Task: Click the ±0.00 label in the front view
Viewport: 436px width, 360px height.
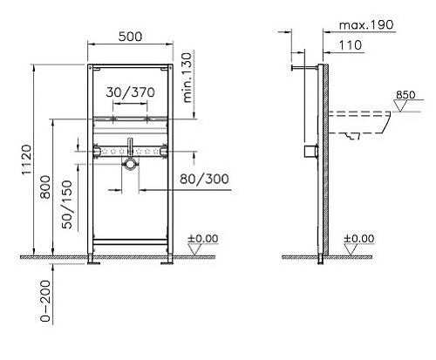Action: click(x=205, y=237)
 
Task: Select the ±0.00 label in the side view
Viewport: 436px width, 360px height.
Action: click(x=358, y=237)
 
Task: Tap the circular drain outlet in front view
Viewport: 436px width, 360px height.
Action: click(x=129, y=163)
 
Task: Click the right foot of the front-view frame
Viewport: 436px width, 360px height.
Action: click(x=167, y=259)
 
